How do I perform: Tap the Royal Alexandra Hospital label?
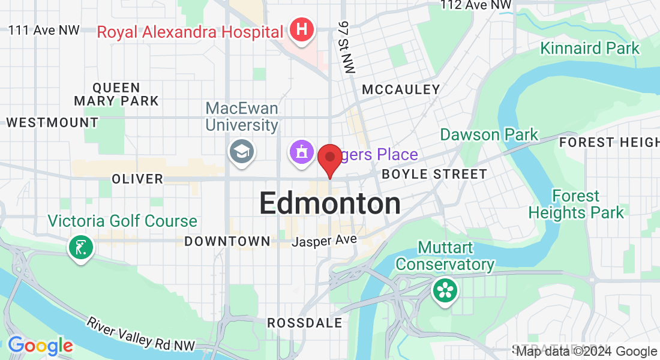[190, 32]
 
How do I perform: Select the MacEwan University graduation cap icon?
[242, 151]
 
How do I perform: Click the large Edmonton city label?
[330, 204]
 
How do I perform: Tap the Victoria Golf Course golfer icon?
[80, 247]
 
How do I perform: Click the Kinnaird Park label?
[590, 49]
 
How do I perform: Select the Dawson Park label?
[489, 134]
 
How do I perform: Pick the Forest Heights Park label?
[576, 204]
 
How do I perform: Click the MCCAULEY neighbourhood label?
[401, 90]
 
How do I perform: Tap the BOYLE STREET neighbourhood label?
[434, 175]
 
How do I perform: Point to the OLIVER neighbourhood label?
[137, 179]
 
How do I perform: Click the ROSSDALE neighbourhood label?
[304, 323]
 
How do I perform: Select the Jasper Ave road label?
[324, 241]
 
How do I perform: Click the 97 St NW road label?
[346, 47]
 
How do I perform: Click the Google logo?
[40, 346]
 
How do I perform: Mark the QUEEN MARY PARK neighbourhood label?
[116, 94]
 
